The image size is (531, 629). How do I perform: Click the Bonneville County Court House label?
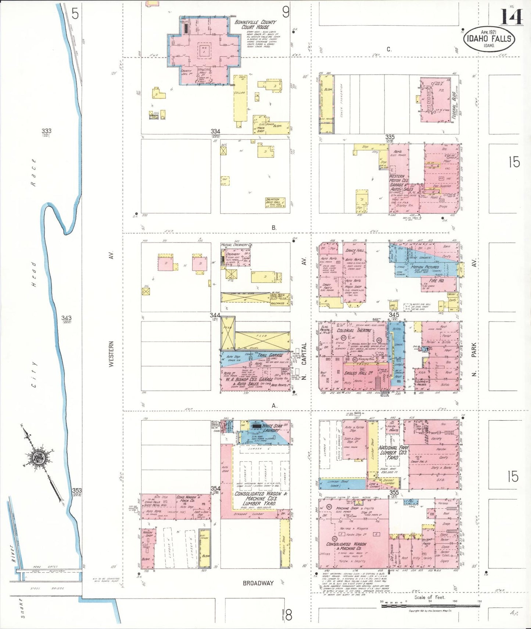click(x=255, y=25)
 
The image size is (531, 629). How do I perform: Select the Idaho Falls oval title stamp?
click(x=488, y=39)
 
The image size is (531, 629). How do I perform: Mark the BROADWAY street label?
click(x=258, y=583)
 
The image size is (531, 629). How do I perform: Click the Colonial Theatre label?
click(x=354, y=330)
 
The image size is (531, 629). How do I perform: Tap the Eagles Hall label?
click(x=356, y=373)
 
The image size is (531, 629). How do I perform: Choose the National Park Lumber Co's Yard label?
click(x=393, y=452)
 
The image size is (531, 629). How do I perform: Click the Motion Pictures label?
click(x=425, y=267)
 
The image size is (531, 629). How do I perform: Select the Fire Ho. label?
click(x=437, y=280)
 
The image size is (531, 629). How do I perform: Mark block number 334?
click(x=215, y=131)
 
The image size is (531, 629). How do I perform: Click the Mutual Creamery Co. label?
click(x=236, y=245)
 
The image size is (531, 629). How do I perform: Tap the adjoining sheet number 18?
click(x=286, y=615)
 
